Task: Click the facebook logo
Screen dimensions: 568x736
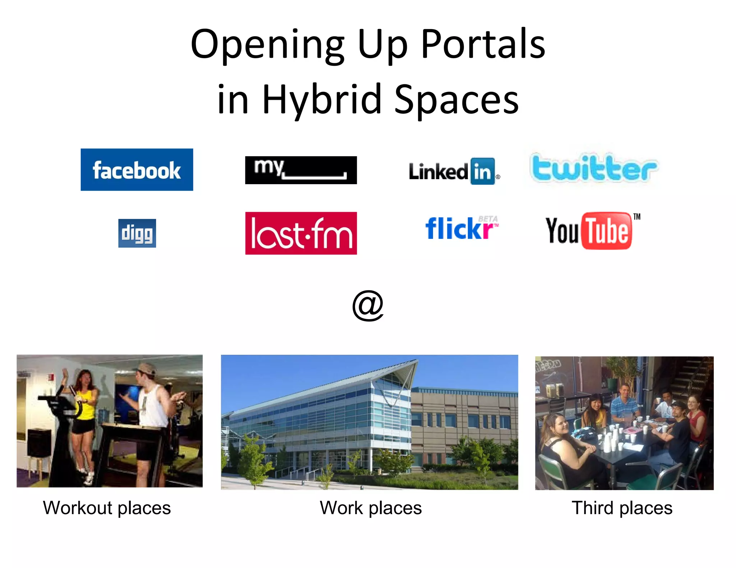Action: point(137,169)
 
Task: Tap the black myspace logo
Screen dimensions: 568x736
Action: point(301,170)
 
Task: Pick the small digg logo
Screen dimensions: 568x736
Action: point(137,233)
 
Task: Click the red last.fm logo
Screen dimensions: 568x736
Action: point(301,233)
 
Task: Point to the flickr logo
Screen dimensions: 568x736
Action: point(461,229)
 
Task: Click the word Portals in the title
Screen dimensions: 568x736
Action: point(483,44)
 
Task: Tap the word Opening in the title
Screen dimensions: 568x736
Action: point(267,44)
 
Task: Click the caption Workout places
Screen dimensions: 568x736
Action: point(107,508)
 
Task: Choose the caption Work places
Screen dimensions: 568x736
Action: point(371,508)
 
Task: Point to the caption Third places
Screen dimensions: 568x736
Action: point(622,508)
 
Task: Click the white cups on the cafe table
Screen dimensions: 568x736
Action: point(611,438)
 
